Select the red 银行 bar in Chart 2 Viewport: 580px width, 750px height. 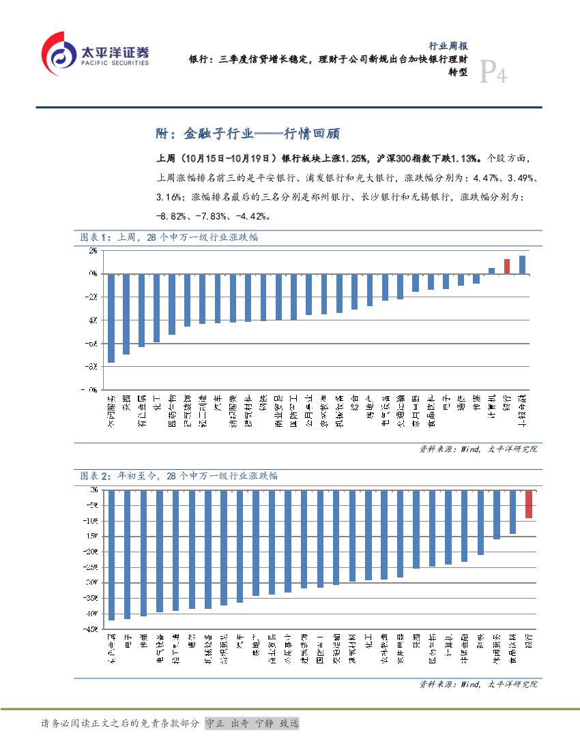tap(529, 504)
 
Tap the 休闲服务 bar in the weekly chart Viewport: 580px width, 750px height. tap(111, 318)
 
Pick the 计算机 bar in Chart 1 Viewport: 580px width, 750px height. tap(491, 270)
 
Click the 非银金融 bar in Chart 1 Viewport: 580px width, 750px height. tap(522, 265)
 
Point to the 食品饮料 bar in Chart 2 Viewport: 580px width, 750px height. tap(512, 511)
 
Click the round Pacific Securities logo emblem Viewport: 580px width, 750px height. tap(59, 54)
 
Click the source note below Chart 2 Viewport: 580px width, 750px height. tap(478, 684)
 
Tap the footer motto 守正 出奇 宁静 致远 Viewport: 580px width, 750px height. tap(252, 723)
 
